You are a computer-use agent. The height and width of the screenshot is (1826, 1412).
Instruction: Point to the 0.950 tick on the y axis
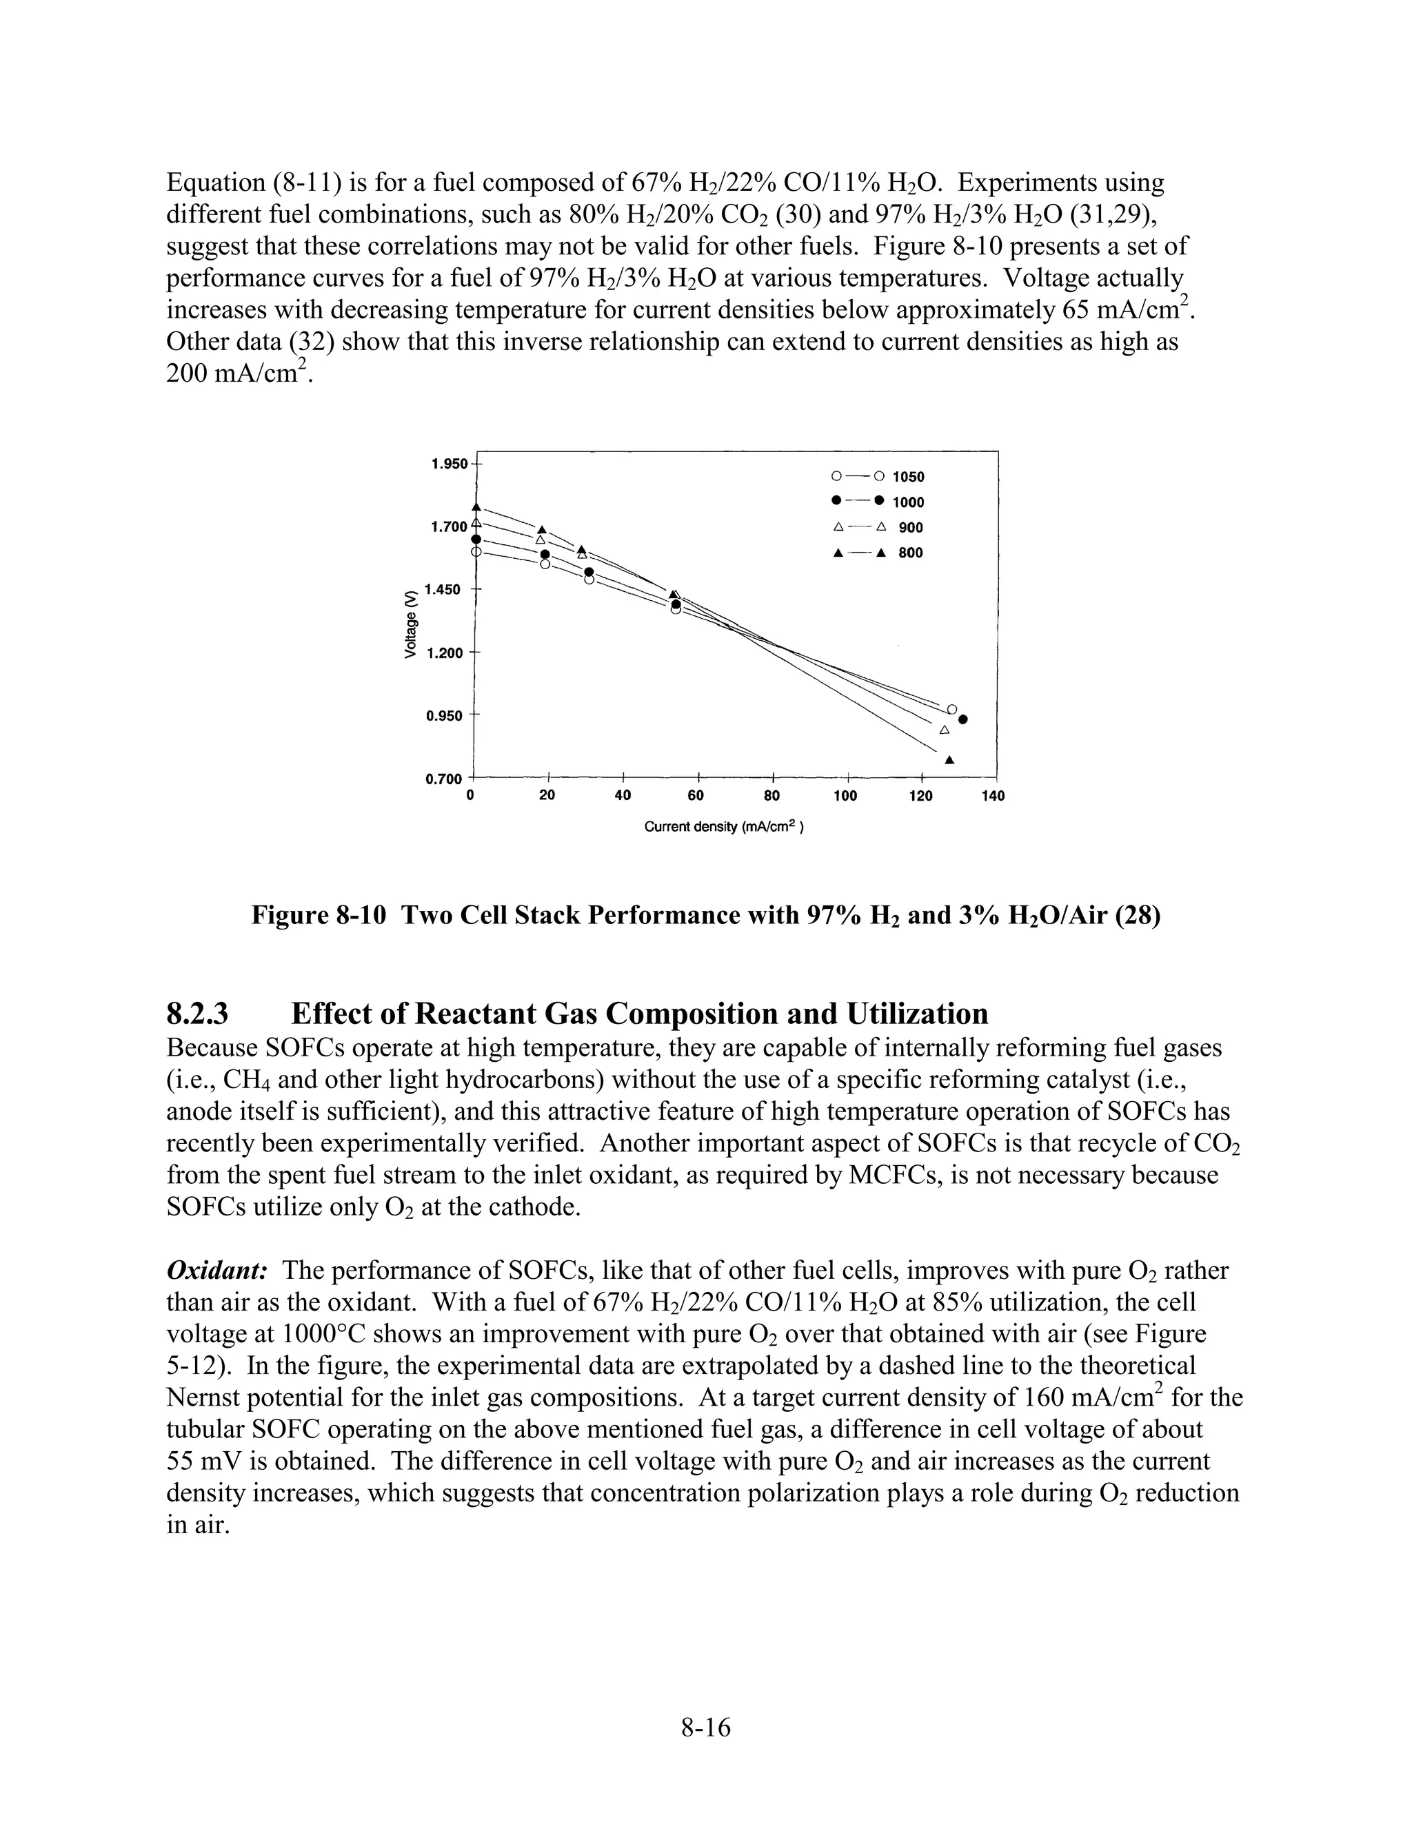(443, 716)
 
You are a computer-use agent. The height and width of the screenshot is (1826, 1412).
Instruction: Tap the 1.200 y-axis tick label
(444, 653)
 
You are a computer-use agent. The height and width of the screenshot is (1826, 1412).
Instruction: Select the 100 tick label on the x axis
(846, 796)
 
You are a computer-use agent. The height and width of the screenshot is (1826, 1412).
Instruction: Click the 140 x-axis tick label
(993, 796)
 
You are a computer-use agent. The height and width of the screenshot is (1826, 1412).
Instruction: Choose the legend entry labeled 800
(911, 553)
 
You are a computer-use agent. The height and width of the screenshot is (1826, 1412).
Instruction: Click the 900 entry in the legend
(911, 528)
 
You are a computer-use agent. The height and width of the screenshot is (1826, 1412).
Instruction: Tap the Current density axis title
(723, 827)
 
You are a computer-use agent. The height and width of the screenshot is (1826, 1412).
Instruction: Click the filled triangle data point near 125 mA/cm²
(949, 760)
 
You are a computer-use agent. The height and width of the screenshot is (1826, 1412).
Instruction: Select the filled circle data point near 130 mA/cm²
(962, 720)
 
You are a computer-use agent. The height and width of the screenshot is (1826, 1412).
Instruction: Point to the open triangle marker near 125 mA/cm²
(945, 730)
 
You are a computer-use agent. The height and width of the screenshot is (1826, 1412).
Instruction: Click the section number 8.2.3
(197, 1014)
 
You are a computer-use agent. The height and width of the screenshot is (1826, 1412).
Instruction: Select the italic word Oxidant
(216, 1271)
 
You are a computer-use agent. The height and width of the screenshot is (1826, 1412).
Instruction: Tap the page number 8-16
(706, 1727)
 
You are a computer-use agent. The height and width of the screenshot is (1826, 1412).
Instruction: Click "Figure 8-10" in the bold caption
(319, 916)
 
